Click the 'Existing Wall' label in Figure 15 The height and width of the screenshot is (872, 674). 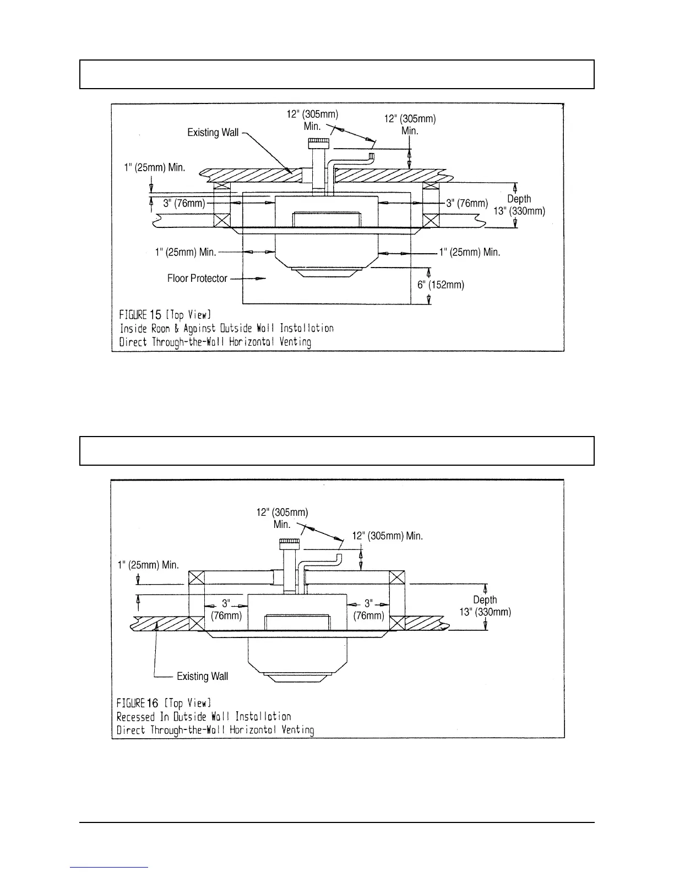pos(213,133)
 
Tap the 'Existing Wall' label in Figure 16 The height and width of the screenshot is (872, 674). pos(202,676)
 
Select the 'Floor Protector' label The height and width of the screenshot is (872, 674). pos(197,279)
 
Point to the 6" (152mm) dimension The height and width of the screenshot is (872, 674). pos(441,285)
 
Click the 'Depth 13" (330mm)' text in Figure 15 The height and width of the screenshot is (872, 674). pos(519,205)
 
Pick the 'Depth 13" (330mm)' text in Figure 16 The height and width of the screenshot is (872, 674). pos(485,606)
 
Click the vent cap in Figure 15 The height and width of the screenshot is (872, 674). pos(319,145)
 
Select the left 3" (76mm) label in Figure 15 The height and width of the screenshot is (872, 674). pos(184,203)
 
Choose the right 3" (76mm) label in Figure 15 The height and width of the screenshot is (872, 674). pos(467,203)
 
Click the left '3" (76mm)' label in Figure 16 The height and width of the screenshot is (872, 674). pos(226,609)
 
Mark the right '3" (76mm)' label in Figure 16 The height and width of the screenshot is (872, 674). pos(368,609)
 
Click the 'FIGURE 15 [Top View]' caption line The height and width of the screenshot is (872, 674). pos(165,315)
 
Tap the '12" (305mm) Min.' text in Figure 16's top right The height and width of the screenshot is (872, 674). pos(387,536)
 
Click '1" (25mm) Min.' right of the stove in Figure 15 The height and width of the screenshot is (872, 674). pos(470,253)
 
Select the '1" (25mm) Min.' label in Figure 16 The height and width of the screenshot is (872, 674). pos(148,564)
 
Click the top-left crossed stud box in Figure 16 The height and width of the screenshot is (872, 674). pos(197,579)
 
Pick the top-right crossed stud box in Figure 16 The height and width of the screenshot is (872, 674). pos(397,579)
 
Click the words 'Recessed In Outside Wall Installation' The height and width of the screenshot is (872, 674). pos(204,717)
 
